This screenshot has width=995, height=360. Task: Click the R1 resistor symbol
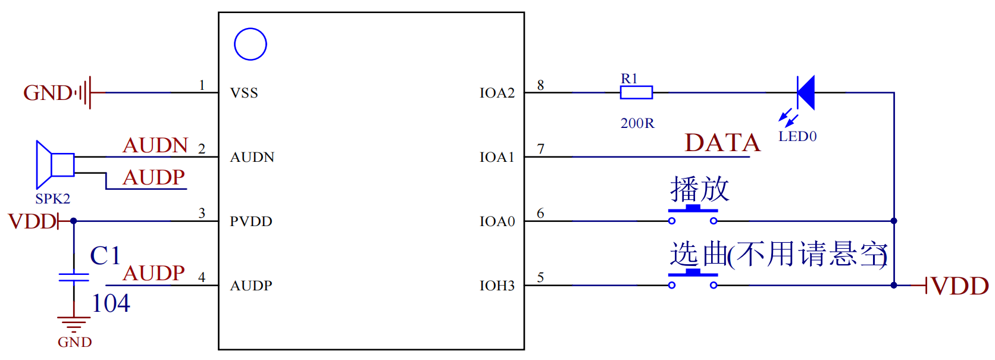[636, 92]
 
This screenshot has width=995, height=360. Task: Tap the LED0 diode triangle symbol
[806, 92]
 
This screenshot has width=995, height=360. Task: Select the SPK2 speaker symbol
[54, 164]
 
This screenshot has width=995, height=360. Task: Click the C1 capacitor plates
[74, 277]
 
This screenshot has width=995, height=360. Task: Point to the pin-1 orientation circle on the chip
[250, 44]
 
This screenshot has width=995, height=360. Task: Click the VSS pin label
[244, 93]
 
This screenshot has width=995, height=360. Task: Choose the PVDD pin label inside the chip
[251, 221]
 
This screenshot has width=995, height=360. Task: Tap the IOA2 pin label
[497, 93]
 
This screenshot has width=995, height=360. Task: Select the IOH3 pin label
[497, 286]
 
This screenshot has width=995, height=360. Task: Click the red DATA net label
[722, 143]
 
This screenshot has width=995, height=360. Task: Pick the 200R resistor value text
[637, 123]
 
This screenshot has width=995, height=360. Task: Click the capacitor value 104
[111, 303]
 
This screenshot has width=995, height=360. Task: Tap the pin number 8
[540, 85]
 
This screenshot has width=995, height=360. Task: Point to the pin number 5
[540, 277]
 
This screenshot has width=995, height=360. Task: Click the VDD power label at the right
[959, 286]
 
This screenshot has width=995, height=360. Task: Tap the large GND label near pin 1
[48, 93]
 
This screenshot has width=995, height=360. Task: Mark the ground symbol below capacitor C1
[74, 324]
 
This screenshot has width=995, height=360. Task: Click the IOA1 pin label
[497, 157]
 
